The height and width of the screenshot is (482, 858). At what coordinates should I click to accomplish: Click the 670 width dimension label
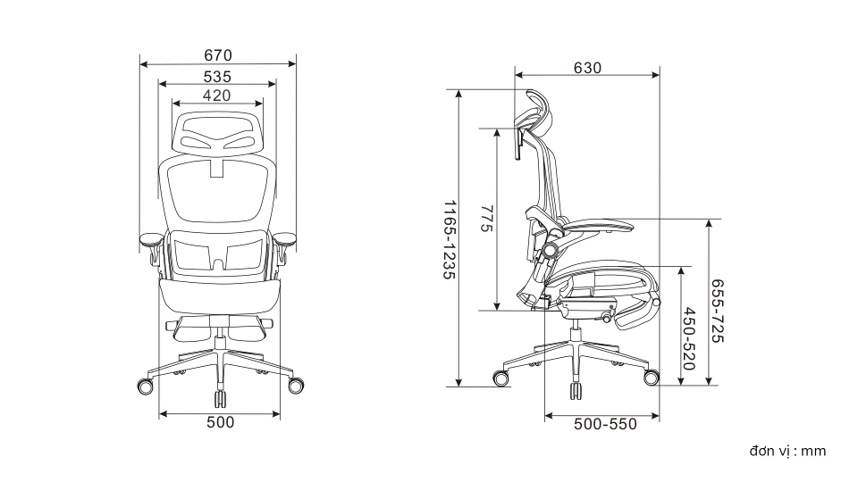tap(218, 55)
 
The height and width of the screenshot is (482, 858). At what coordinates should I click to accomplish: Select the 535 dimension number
tap(217, 77)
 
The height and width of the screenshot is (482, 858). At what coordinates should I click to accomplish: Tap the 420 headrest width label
tap(216, 96)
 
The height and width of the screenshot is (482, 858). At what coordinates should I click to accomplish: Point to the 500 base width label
tap(220, 422)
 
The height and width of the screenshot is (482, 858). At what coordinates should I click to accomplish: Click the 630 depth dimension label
tap(587, 68)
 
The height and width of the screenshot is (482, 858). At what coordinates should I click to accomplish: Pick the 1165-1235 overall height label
tap(450, 240)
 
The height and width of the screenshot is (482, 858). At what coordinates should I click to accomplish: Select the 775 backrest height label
tap(486, 219)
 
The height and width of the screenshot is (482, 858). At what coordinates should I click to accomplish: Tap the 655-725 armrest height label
tap(718, 312)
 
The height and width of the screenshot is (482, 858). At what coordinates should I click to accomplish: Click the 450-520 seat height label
tap(689, 339)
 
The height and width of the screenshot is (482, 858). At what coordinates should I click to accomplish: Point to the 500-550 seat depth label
tap(605, 424)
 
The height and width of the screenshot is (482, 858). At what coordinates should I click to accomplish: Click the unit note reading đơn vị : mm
tap(787, 451)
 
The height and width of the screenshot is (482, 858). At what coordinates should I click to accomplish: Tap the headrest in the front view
tap(218, 132)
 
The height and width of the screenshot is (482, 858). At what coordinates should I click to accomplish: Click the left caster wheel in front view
tap(145, 386)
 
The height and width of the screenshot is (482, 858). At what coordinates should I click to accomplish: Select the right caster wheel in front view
tap(296, 386)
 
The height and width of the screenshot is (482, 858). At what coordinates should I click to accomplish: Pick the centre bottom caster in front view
tap(220, 398)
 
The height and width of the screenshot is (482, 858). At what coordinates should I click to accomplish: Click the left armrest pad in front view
tap(152, 239)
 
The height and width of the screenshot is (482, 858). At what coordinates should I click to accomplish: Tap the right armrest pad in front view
tap(284, 238)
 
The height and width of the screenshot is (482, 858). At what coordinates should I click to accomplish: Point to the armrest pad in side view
tap(599, 225)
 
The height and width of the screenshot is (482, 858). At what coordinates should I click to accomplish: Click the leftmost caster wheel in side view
tap(500, 378)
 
